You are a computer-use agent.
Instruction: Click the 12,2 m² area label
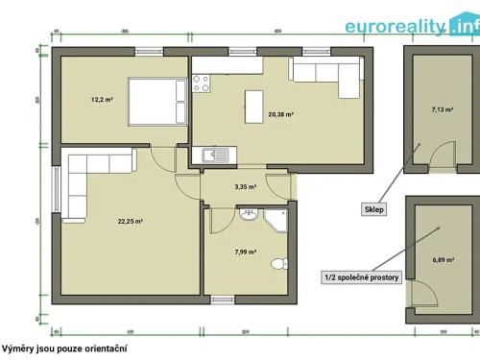pos(103,99)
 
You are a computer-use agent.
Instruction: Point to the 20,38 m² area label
pos(280,114)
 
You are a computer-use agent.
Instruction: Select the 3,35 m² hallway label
pos(245,187)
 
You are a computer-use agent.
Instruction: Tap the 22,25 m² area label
pos(131,221)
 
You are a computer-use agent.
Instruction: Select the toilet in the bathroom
pos(277,263)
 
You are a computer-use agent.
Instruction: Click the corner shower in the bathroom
pos(278,219)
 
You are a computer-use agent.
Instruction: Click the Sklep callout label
pos(373,208)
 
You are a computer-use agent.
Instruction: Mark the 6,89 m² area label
pos(441,260)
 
